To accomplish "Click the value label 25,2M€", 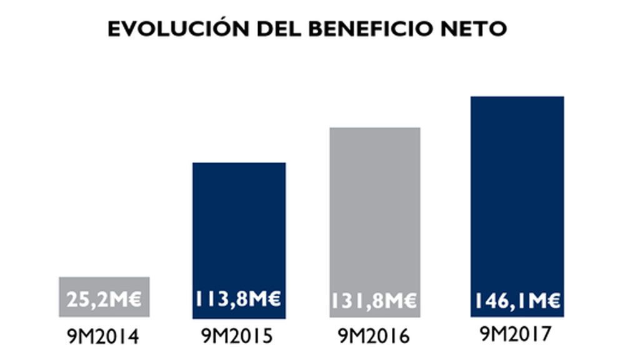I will pyautogui.click(x=104, y=300).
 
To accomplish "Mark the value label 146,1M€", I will pyautogui.click(x=517, y=302).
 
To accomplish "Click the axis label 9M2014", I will pyautogui.click(x=103, y=337).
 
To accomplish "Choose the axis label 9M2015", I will pyautogui.click(x=238, y=336).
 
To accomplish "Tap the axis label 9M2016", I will pyautogui.click(x=374, y=336).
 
